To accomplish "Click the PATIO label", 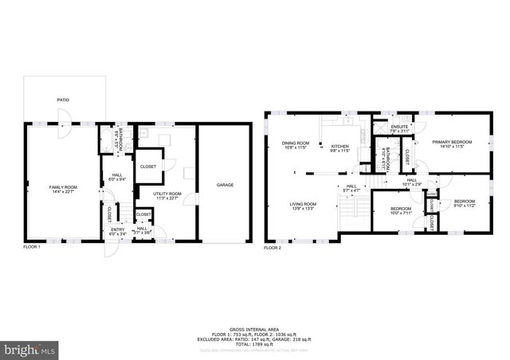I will tap(62, 100).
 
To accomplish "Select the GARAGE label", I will tap(225, 185).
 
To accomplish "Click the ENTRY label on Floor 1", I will tap(117, 229).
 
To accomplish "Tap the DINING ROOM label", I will tap(294, 143).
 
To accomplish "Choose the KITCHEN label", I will tap(340, 145).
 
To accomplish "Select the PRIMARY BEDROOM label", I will tap(452, 142).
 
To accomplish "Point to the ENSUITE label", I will tap(399, 127).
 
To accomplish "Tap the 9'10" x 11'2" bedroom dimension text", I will tap(464, 205).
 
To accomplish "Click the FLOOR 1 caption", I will tap(32, 248).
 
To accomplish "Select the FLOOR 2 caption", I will tap(273, 248).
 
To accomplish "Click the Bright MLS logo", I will tap(30, 349).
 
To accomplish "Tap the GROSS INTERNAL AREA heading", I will tap(255, 328).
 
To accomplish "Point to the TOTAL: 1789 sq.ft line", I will tap(255, 342).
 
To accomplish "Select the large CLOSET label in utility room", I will tap(147, 166).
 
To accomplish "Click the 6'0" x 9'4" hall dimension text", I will tap(116, 178).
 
